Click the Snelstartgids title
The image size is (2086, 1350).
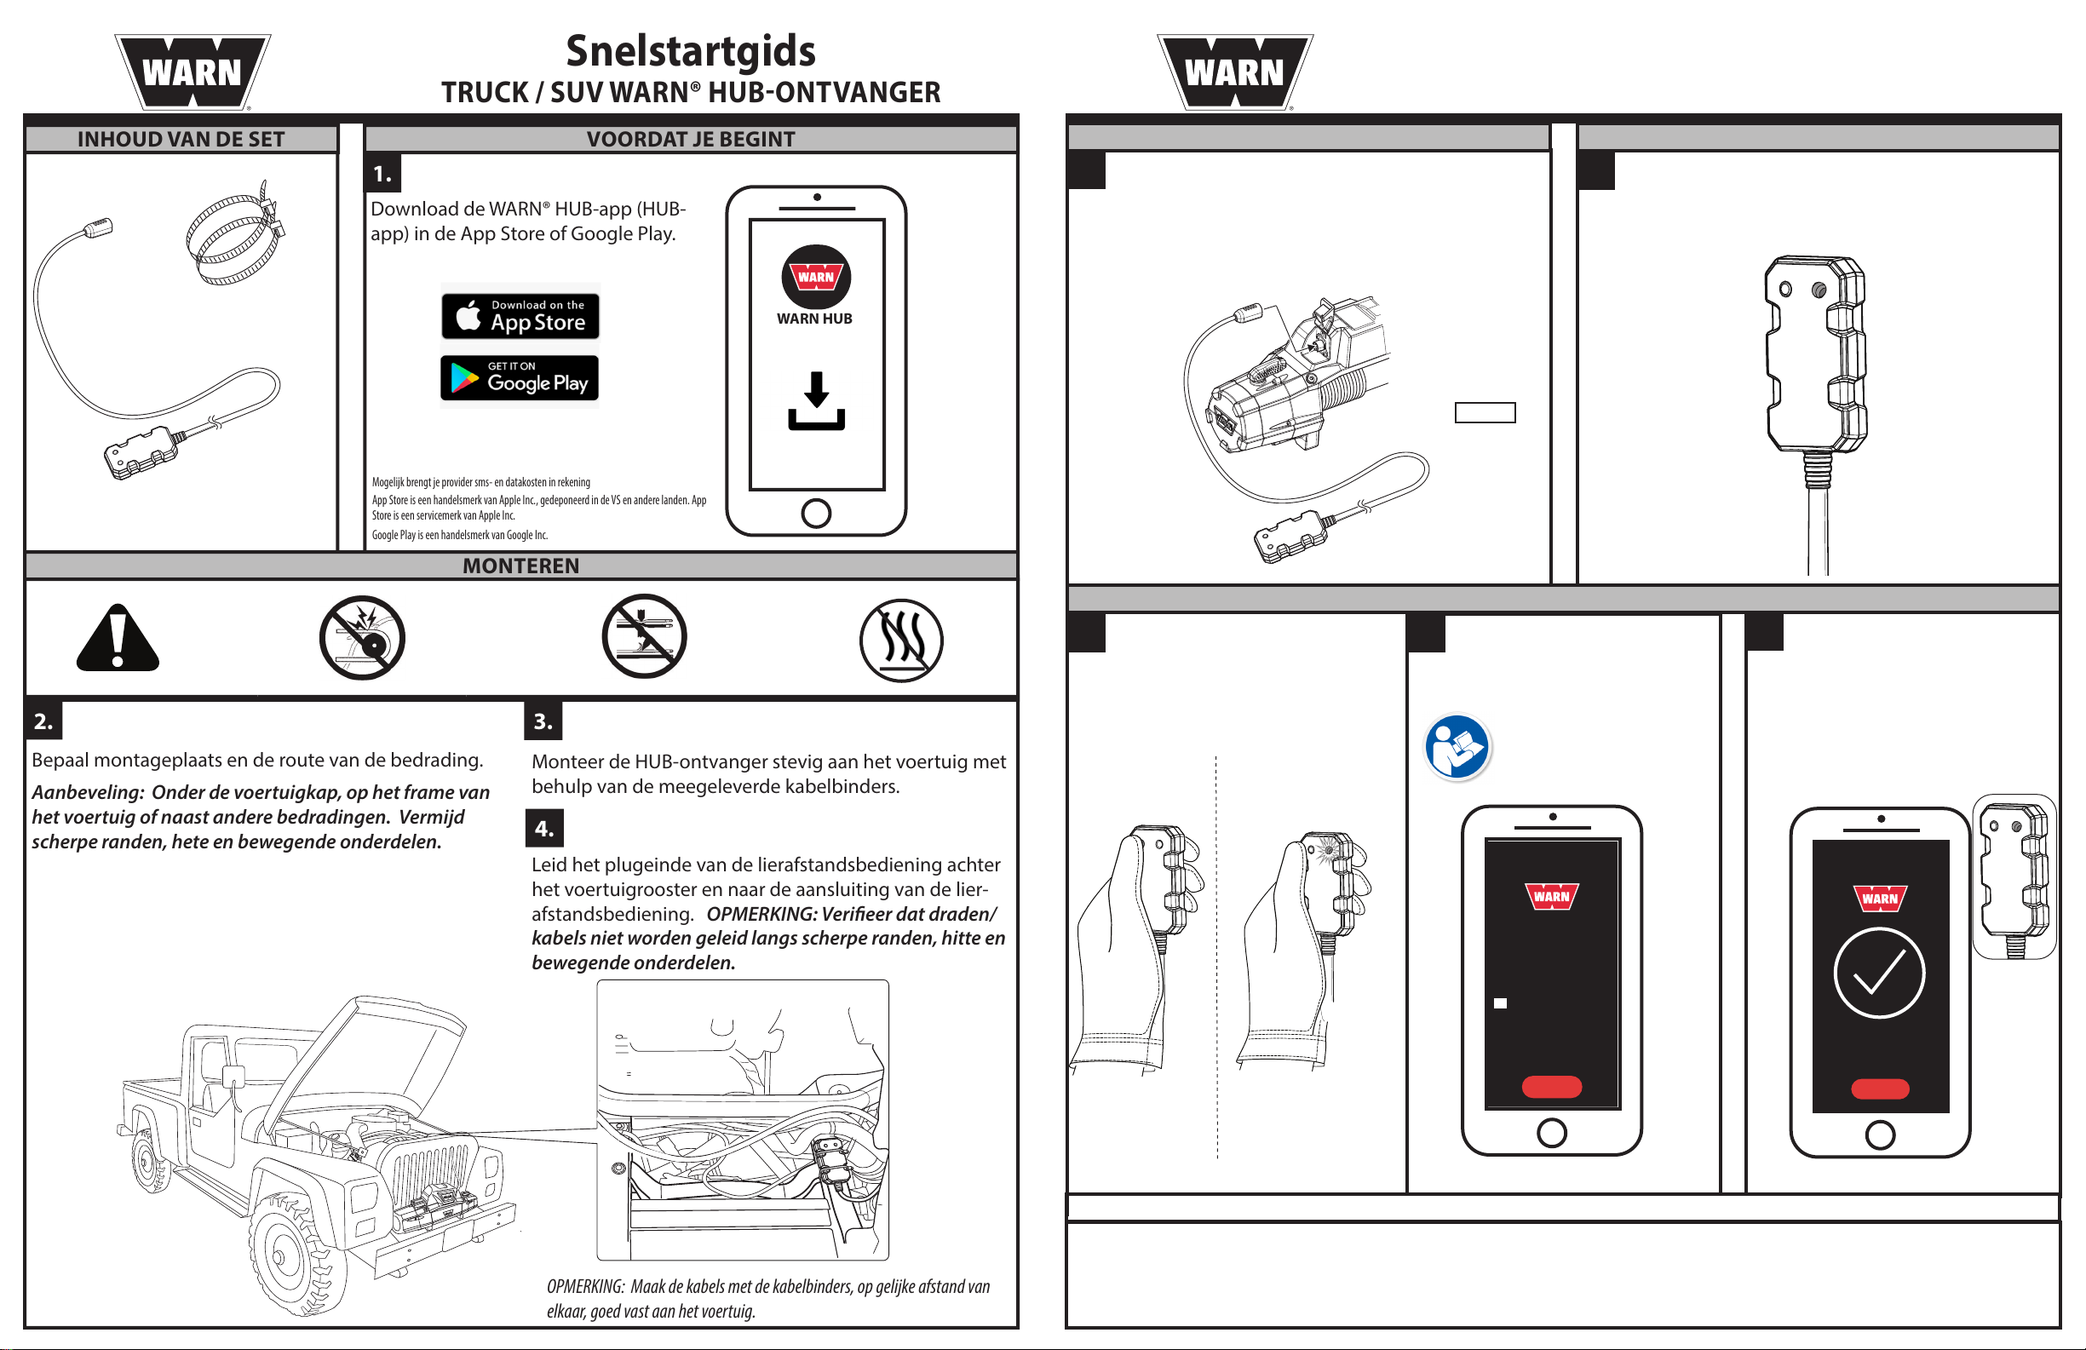tap(691, 51)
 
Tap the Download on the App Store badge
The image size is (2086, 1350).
tap(520, 316)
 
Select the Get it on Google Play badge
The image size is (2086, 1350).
tap(520, 378)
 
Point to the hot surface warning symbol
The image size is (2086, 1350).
tap(901, 640)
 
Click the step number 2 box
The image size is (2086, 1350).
tap(43, 721)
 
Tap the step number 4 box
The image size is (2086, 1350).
tap(543, 829)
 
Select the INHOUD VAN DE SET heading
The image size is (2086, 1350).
tap(181, 140)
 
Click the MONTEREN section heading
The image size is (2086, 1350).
tap(520, 566)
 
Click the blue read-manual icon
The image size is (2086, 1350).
tap(1457, 747)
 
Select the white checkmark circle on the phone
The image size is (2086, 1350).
tap(1879, 972)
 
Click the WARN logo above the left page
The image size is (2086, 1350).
tap(192, 72)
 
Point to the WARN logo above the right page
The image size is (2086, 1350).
tap(1234, 72)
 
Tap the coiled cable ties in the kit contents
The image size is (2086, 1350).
tap(235, 234)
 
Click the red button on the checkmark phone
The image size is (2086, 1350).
tap(1880, 1089)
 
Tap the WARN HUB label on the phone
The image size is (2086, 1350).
tap(814, 319)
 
